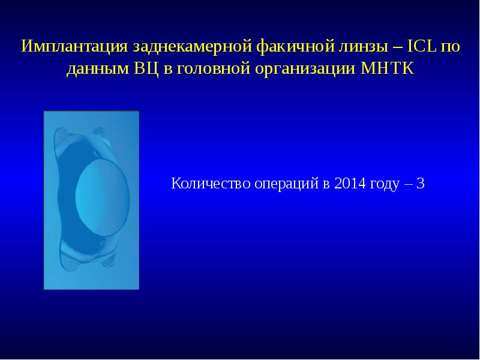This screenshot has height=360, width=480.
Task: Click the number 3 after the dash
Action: point(420,184)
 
